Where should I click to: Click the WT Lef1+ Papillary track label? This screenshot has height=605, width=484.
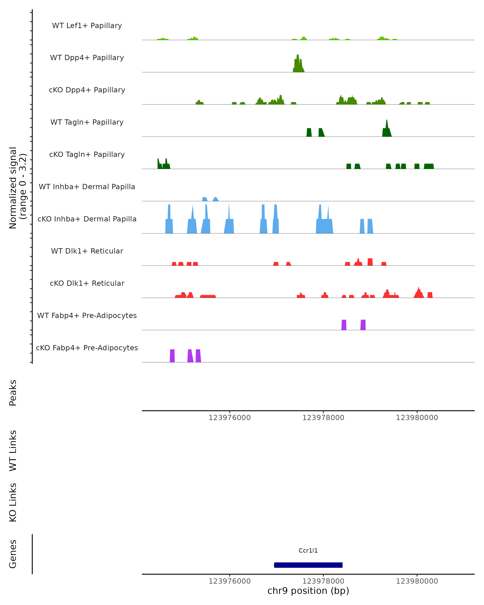pos(87,26)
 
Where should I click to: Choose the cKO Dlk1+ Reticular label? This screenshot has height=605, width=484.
pos(87,283)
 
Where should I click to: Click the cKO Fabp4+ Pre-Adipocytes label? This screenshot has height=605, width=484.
pos(87,348)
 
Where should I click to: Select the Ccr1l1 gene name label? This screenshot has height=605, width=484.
pos(308,551)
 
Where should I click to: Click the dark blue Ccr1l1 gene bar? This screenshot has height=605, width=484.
pos(308,565)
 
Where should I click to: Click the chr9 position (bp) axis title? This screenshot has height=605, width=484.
pos(308,591)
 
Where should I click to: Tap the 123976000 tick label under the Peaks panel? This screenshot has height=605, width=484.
pos(229,418)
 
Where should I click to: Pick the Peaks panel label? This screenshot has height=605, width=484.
pos(13,393)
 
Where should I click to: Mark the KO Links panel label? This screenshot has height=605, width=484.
pos(13,502)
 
